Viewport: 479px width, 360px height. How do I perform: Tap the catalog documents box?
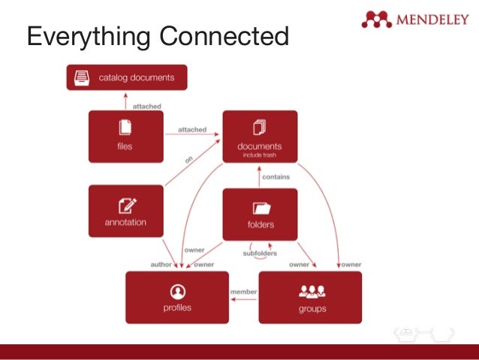coord(127,77)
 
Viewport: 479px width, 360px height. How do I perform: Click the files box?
coord(125,136)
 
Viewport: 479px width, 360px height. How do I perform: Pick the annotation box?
coord(125,211)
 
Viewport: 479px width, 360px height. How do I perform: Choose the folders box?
coord(260,214)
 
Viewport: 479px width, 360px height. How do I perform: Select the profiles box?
coord(177,297)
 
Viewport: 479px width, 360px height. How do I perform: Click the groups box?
coord(310,297)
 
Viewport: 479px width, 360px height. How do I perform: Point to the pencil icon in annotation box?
coord(125,204)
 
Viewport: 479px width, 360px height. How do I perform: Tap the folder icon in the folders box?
coord(261,207)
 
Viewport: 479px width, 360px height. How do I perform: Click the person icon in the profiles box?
coord(178,290)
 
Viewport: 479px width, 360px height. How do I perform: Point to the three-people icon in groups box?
coord(311,291)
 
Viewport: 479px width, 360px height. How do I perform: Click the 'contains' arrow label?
coord(276,177)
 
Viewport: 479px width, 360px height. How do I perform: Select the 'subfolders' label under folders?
coord(260,253)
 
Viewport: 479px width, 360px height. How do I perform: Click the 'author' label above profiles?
coord(161,265)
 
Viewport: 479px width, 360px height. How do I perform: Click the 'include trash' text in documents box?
coord(260,156)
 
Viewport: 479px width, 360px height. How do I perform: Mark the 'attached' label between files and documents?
coord(192,129)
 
